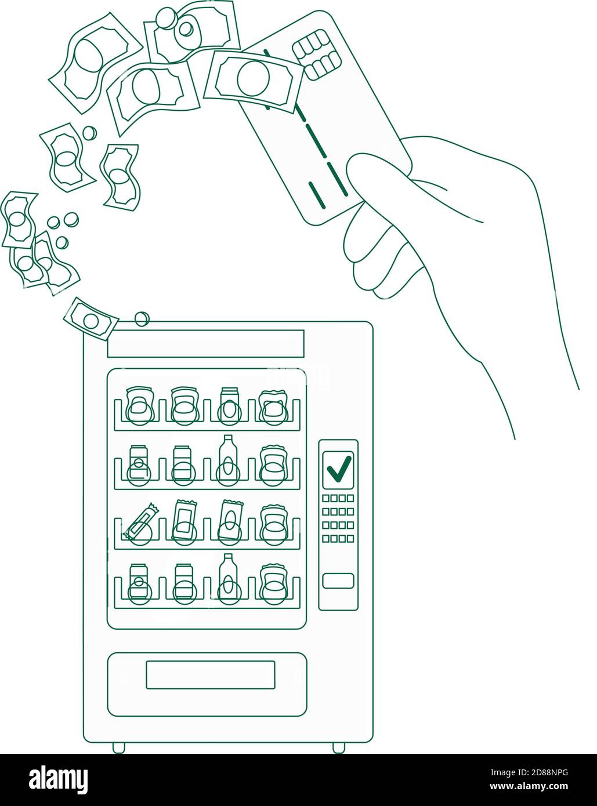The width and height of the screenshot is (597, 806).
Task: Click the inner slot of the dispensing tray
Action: pyautogui.click(x=210, y=675)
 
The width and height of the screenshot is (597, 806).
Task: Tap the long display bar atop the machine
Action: pyautogui.click(x=205, y=343)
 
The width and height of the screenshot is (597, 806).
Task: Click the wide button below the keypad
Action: pyautogui.click(x=338, y=580)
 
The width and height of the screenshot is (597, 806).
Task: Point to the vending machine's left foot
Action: pyautogui.click(x=118, y=747)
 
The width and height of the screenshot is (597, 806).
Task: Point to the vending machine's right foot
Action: pyautogui.click(x=338, y=747)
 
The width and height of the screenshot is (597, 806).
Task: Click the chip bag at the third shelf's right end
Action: pyautogui.click(x=273, y=524)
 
